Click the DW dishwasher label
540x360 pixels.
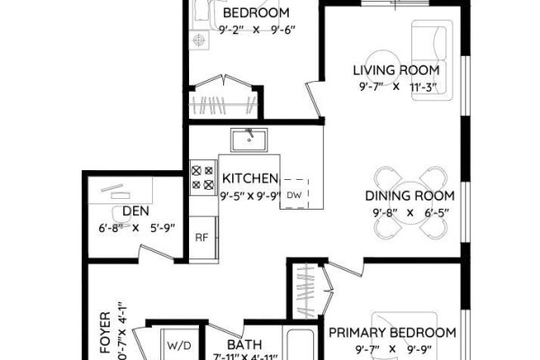pyautogui.click(x=294, y=195)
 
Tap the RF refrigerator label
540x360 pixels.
pyautogui.click(x=202, y=238)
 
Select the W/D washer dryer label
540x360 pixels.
pyautogui.click(x=179, y=346)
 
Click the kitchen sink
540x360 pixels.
pyautogui.click(x=249, y=139)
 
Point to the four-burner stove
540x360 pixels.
pyautogui.click(x=203, y=178)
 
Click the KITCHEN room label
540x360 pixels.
pyautogui.click(x=250, y=178)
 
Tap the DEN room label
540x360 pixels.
pyautogui.click(x=136, y=211)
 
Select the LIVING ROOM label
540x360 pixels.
pyautogui.click(x=396, y=70)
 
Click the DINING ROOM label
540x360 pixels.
pyautogui.click(x=409, y=195)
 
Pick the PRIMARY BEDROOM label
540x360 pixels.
pyautogui.click(x=392, y=333)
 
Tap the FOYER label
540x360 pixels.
pyautogui.click(x=105, y=332)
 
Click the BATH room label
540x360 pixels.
pyautogui.click(x=245, y=345)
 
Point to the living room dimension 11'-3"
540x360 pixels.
pyautogui.click(x=423, y=87)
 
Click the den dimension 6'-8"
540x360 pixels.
pyautogui.click(x=111, y=228)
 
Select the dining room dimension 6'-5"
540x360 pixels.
pyautogui.click(x=436, y=213)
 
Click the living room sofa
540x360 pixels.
pyautogui.click(x=432, y=60)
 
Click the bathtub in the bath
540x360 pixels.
pyautogui.click(x=301, y=345)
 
